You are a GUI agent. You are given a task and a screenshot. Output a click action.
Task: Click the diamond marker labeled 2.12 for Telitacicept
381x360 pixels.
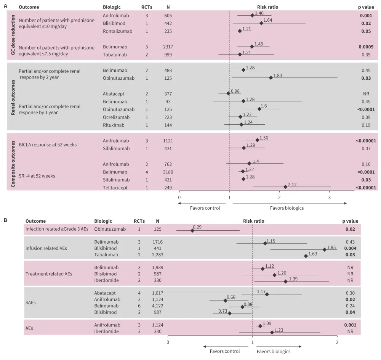pos(285,186)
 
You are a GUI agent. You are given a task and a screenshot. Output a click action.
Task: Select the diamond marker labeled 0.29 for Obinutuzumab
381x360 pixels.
pos(192,230)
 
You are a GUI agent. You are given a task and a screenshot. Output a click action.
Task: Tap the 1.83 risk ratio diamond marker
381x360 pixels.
pos(271,77)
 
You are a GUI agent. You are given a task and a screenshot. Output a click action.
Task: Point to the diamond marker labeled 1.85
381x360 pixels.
pos(325,249)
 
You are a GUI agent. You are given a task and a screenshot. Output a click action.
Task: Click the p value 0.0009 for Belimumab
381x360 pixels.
pos(365,47)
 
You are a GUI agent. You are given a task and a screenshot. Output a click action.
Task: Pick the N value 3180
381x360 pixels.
pos(168,172)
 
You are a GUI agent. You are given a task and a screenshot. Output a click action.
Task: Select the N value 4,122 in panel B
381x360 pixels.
pos(157,306)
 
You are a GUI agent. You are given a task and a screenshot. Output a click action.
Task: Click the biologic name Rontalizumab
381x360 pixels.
pos(118,31)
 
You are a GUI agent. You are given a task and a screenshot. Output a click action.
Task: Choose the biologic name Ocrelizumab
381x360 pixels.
pos(116,117)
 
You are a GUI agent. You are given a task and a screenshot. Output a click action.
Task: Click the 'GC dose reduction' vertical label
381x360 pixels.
pos(13,35)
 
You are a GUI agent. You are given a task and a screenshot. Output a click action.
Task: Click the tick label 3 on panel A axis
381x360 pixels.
pos(330,197)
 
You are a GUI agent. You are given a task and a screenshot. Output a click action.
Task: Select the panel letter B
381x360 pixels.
pos(5,220)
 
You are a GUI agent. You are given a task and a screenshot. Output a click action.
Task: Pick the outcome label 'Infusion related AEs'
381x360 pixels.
pos(46,248)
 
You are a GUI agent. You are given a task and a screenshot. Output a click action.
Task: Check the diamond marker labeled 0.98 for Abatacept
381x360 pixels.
pos(228,93)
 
